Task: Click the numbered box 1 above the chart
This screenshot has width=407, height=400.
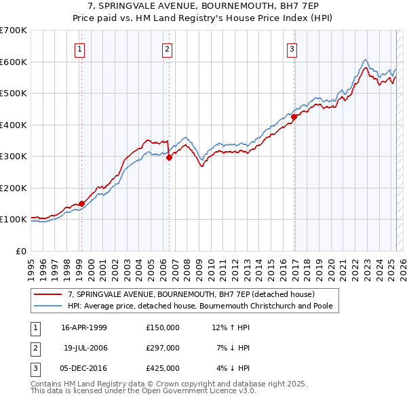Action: click(x=80, y=48)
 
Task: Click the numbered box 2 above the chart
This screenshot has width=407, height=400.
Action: click(x=167, y=48)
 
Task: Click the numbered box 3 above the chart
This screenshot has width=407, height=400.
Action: click(x=292, y=48)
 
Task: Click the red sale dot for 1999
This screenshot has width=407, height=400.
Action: click(x=81, y=203)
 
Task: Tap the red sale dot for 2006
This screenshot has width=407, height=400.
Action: click(x=169, y=157)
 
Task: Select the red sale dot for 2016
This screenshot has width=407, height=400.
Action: click(x=294, y=117)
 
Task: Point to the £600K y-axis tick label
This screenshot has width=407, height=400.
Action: click(x=14, y=62)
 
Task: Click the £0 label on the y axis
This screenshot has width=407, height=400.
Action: click(x=22, y=251)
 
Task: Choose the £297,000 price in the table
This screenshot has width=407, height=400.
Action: click(x=163, y=348)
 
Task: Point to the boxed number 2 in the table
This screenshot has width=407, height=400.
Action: click(x=34, y=348)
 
